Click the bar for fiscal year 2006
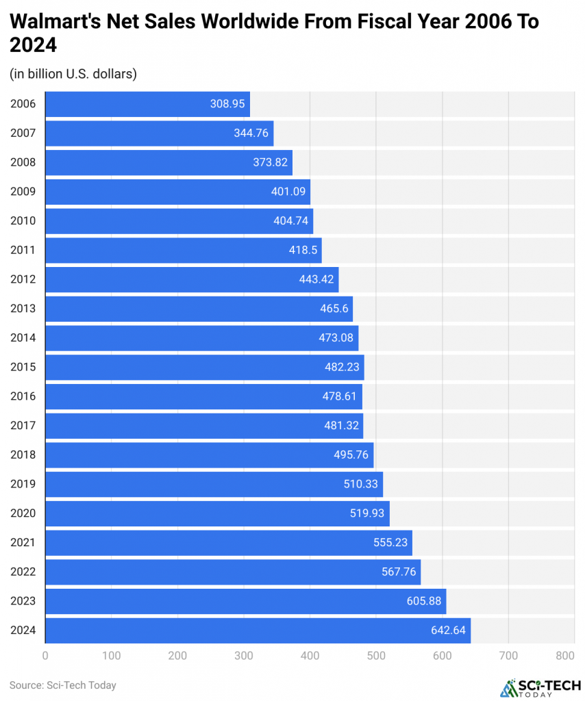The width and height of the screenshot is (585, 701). [x=147, y=104]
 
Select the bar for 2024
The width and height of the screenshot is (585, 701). [x=258, y=630]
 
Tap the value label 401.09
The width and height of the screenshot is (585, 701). [x=288, y=192]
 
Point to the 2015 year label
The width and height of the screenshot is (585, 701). [x=23, y=367]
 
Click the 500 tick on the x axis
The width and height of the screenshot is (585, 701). [x=375, y=656]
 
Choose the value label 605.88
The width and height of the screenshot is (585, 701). [x=424, y=601]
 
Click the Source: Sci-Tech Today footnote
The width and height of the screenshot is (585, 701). [x=63, y=685]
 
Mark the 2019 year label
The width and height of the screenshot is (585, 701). [x=23, y=484]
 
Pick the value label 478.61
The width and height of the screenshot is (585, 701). [x=340, y=396]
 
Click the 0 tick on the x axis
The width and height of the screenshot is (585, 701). [x=45, y=656]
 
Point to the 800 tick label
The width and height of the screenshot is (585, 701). [x=565, y=656]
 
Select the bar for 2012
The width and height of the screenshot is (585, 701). [x=192, y=279]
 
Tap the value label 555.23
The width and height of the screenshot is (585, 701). [x=390, y=543]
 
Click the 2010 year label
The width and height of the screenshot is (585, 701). [x=23, y=221]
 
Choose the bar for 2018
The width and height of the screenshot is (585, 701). [x=209, y=455]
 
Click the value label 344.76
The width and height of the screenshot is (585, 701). [x=251, y=133]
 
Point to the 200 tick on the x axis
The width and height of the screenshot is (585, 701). [x=177, y=656]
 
